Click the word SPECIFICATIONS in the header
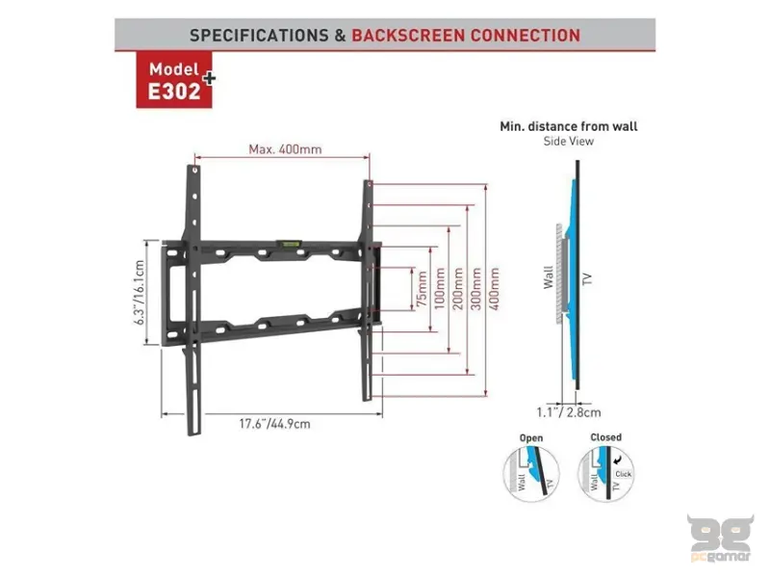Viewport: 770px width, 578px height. (x=258, y=36)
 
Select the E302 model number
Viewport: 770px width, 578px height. (x=174, y=92)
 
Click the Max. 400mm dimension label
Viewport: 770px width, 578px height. (x=285, y=149)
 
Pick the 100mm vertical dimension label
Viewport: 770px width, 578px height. (x=439, y=287)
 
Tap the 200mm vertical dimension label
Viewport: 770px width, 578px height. (x=457, y=287)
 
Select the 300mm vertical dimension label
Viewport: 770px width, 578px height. (x=475, y=287)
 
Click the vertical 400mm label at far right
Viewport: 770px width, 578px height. (x=495, y=287)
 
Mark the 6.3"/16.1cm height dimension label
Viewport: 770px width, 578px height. (x=141, y=290)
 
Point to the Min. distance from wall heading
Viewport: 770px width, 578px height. (x=569, y=125)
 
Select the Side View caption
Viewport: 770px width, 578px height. (x=569, y=141)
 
